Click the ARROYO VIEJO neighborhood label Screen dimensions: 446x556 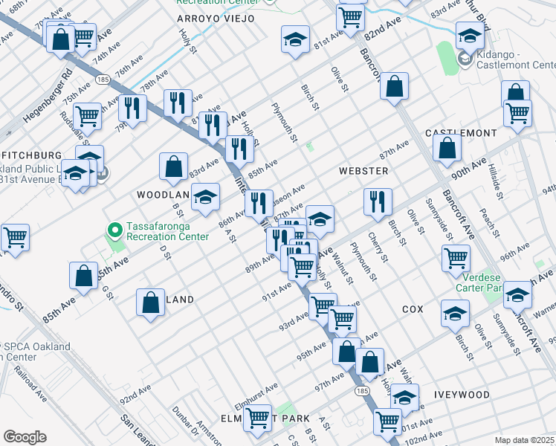pyautogui.click(x=215, y=18)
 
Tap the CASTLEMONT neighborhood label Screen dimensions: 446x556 pyautogui.click(x=461, y=133)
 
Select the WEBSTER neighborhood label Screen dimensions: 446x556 pyautogui.click(x=363, y=171)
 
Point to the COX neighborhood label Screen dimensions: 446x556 pyautogui.click(x=413, y=308)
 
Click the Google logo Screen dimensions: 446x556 pyautogui.click(x=25, y=436)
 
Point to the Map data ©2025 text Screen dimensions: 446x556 pyautogui.click(x=523, y=440)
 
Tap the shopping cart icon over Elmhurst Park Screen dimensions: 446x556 pyautogui.click(x=257, y=417)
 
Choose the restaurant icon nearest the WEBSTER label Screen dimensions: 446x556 pyautogui.click(x=378, y=201)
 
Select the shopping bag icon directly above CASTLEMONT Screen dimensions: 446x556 pyautogui.click(x=447, y=149)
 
